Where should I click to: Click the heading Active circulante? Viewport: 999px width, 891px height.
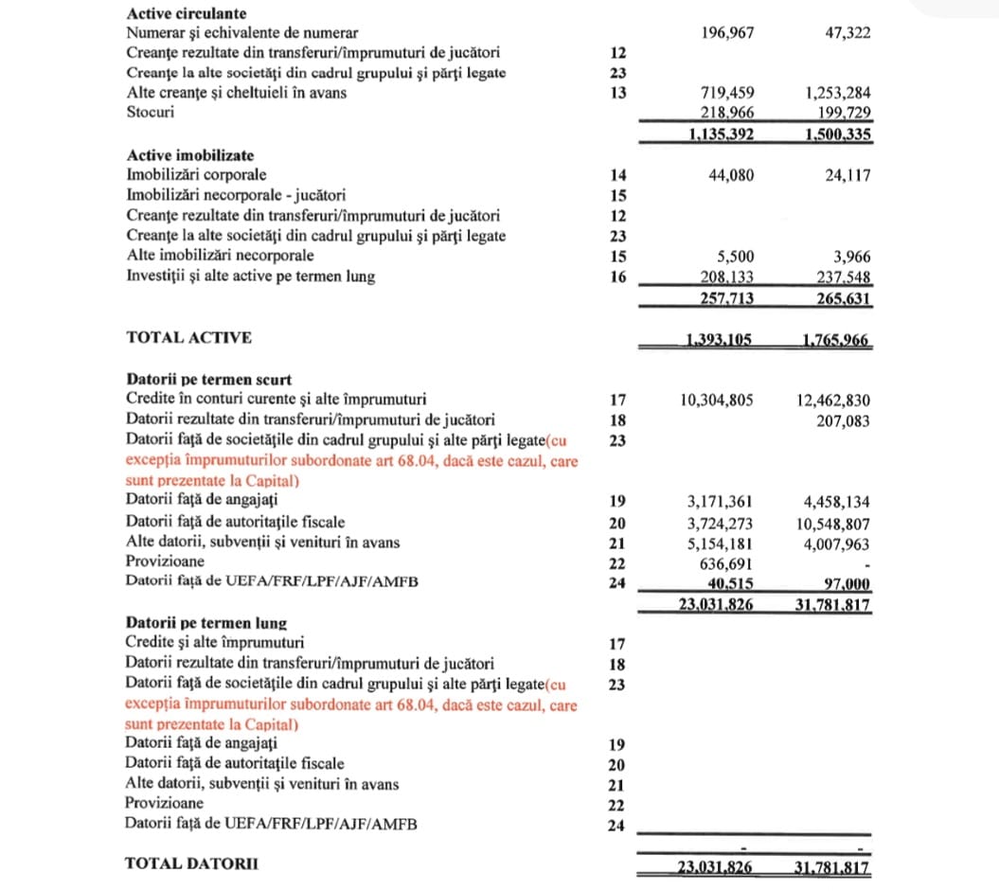[x=187, y=14]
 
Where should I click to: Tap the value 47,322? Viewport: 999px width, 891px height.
[x=847, y=33]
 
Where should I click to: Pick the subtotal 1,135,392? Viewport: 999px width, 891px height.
[x=717, y=134]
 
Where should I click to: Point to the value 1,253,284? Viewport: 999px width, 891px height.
[x=838, y=93]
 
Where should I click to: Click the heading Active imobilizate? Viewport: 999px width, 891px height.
[x=190, y=155]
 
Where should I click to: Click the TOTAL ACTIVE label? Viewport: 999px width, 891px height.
[x=188, y=337]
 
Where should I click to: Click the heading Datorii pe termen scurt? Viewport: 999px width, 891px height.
[x=208, y=380]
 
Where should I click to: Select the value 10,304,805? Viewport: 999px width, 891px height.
[x=717, y=400]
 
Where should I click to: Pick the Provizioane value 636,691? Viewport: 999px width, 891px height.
[x=725, y=562]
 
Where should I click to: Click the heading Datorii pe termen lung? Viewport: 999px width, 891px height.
[x=206, y=623]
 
